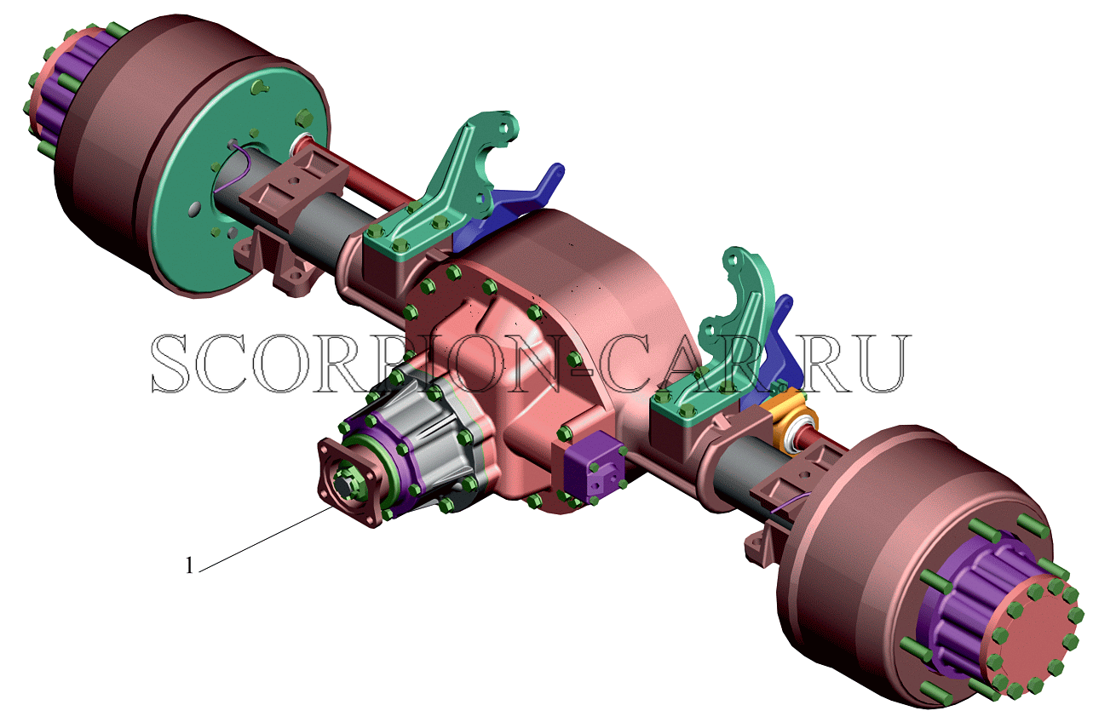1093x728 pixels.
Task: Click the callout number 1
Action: (189, 565)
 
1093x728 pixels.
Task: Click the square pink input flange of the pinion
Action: (349, 481)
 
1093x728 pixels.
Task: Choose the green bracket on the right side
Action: (717, 351)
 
